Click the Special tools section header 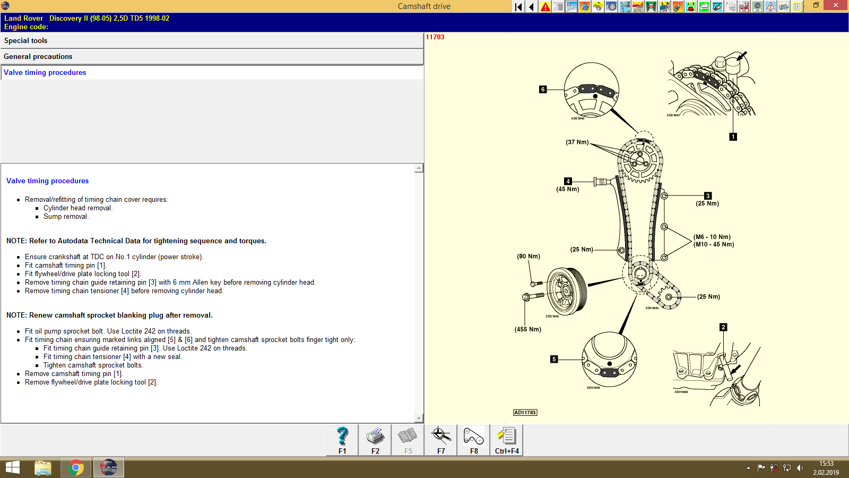pyautogui.click(x=25, y=41)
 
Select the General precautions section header pyautogui.click(x=38, y=57)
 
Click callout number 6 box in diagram pyautogui.click(x=542, y=89)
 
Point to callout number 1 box pyautogui.click(x=733, y=136)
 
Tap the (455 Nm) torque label pyautogui.click(x=527, y=329)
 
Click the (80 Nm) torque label pyautogui.click(x=528, y=256)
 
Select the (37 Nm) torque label pyautogui.click(x=577, y=142)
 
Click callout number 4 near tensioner pyautogui.click(x=567, y=181)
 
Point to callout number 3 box pyautogui.click(x=707, y=196)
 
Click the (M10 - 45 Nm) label pyautogui.click(x=714, y=244)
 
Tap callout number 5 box pyautogui.click(x=553, y=359)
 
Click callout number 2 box pyautogui.click(x=723, y=327)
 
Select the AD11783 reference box pyautogui.click(x=525, y=413)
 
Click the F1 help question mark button pyautogui.click(x=342, y=440)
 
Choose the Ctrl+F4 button pyautogui.click(x=507, y=440)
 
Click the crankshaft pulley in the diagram pyautogui.click(x=566, y=291)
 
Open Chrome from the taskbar pyautogui.click(x=75, y=468)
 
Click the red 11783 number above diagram pyautogui.click(x=435, y=37)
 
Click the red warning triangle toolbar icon pyautogui.click(x=545, y=6)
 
